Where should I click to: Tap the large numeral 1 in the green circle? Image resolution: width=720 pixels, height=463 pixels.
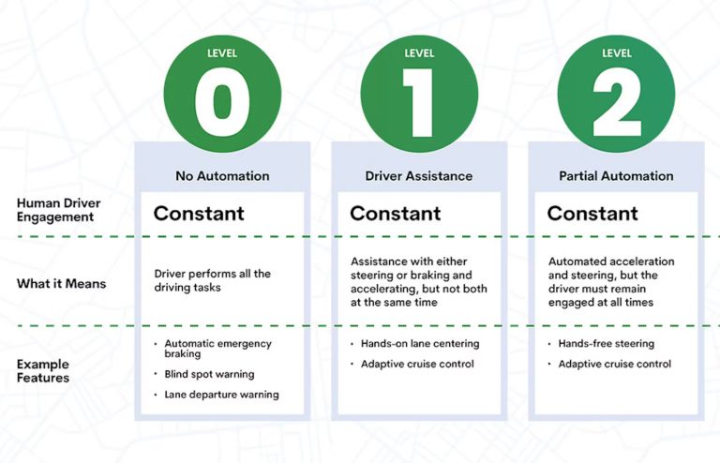point(418,102)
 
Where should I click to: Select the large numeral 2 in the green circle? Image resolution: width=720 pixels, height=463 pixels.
point(617,102)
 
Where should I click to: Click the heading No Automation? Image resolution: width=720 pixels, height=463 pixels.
point(222,176)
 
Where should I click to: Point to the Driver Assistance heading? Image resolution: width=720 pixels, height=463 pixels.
point(419,176)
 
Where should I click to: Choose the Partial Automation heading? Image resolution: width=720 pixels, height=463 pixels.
point(616,176)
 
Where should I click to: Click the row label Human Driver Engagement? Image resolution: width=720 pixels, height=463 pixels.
point(58,210)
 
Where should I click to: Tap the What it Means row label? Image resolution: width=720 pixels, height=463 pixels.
point(62,284)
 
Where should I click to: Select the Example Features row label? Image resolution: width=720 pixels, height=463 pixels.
point(43,371)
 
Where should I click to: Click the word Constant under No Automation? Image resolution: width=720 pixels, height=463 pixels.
point(199,214)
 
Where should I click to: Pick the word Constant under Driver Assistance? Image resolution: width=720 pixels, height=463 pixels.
point(396,214)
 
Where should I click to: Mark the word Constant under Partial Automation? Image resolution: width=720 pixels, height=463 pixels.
point(592,214)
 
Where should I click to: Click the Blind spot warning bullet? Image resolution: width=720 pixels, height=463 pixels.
point(209,374)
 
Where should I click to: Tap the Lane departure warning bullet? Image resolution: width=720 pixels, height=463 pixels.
point(221,395)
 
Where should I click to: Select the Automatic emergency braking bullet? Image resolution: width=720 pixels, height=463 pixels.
point(217,349)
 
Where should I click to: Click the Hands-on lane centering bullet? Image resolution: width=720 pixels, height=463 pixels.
point(420,344)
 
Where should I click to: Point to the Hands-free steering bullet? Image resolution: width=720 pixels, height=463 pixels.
point(607,344)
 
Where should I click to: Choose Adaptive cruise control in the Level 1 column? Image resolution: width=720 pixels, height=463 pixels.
point(417,364)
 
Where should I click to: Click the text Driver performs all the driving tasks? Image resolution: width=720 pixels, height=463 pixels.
point(212,280)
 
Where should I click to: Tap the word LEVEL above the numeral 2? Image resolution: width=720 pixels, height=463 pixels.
point(617,53)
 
